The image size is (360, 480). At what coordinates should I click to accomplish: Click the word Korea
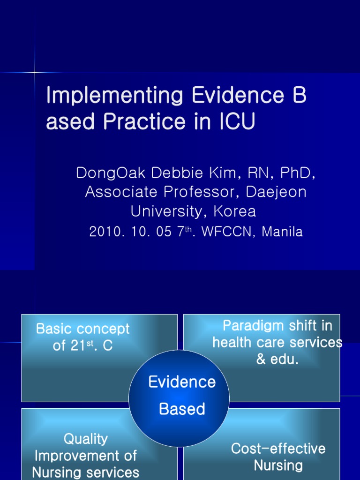[x=235, y=211]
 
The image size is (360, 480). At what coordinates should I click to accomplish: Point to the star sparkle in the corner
[x=35, y=72]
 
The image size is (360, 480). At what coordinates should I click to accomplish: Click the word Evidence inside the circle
[x=182, y=382]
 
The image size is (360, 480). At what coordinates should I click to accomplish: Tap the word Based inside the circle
[x=182, y=409]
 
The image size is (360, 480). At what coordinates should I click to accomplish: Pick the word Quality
[x=85, y=439]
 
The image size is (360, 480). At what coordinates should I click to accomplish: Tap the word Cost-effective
[x=278, y=449]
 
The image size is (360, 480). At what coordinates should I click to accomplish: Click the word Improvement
[x=85, y=456]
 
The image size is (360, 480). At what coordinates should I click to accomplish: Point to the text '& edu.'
[x=277, y=360]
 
